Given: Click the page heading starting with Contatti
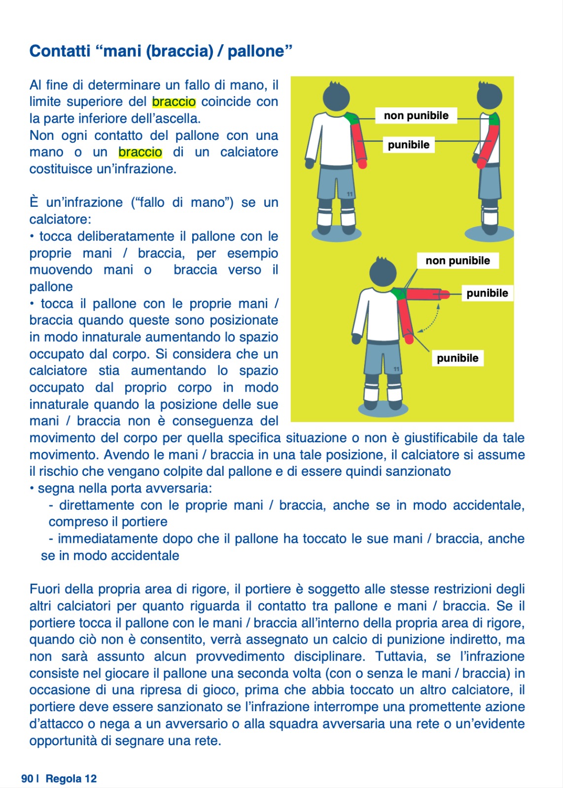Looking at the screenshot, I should click(161, 51).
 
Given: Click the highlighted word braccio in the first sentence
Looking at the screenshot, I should click(174, 102).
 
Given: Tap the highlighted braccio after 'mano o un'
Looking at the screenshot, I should click(140, 152).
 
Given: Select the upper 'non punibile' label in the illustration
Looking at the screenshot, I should click(416, 116).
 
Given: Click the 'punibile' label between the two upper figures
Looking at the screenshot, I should click(408, 145).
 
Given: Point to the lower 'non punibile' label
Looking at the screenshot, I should click(457, 261).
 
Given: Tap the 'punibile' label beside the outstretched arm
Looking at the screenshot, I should click(487, 293).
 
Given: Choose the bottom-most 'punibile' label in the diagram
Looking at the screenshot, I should click(457, 358).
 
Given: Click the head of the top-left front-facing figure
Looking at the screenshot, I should click(336, 96).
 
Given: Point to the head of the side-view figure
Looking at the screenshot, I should click(489, 96).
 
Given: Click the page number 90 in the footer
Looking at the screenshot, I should click(27, 779).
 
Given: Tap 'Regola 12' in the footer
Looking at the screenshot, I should click(71, 779).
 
